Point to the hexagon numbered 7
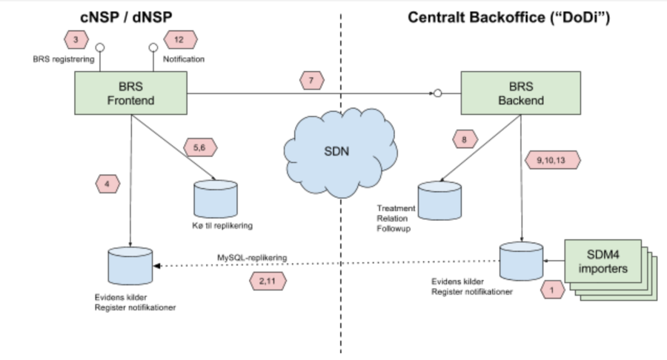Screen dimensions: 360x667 [312, 79]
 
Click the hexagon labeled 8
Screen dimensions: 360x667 [464, 139]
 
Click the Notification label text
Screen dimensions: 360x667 [184, 58]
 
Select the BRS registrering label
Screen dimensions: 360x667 [63, 58]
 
